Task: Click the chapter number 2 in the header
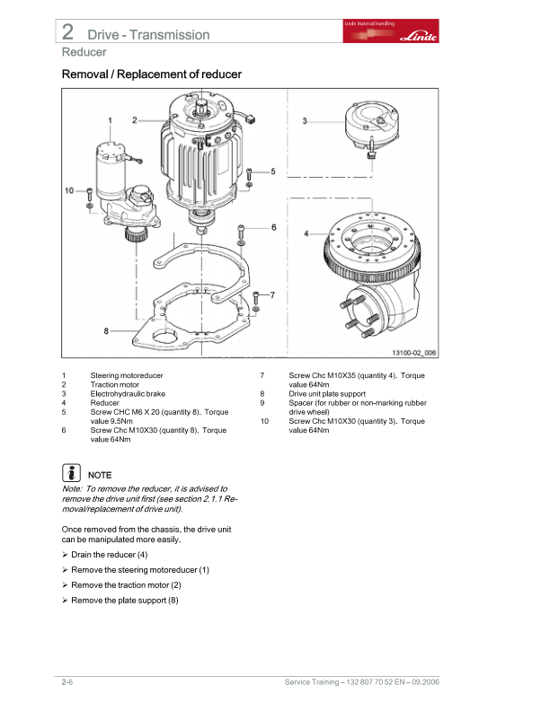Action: click(x=68, y=32)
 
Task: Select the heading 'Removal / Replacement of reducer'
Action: click(x=151, y=74)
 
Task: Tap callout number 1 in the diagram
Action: click(x=110, y=119)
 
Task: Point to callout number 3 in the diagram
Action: click(x=305, y=120)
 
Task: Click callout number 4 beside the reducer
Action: click(x=306, y=233)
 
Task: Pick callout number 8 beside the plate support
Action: click(x=106, y=330)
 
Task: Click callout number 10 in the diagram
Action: click(x=70, y=190)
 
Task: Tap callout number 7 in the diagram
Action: click(x=272, y=294)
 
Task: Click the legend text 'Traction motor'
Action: click(x=114, y=384)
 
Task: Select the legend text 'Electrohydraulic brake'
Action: click(x=128, y=393)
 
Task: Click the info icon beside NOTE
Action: click(x=71, y=473)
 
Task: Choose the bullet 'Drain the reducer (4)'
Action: click(x=109, y=555)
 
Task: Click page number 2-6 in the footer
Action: click(x=67, y=684)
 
